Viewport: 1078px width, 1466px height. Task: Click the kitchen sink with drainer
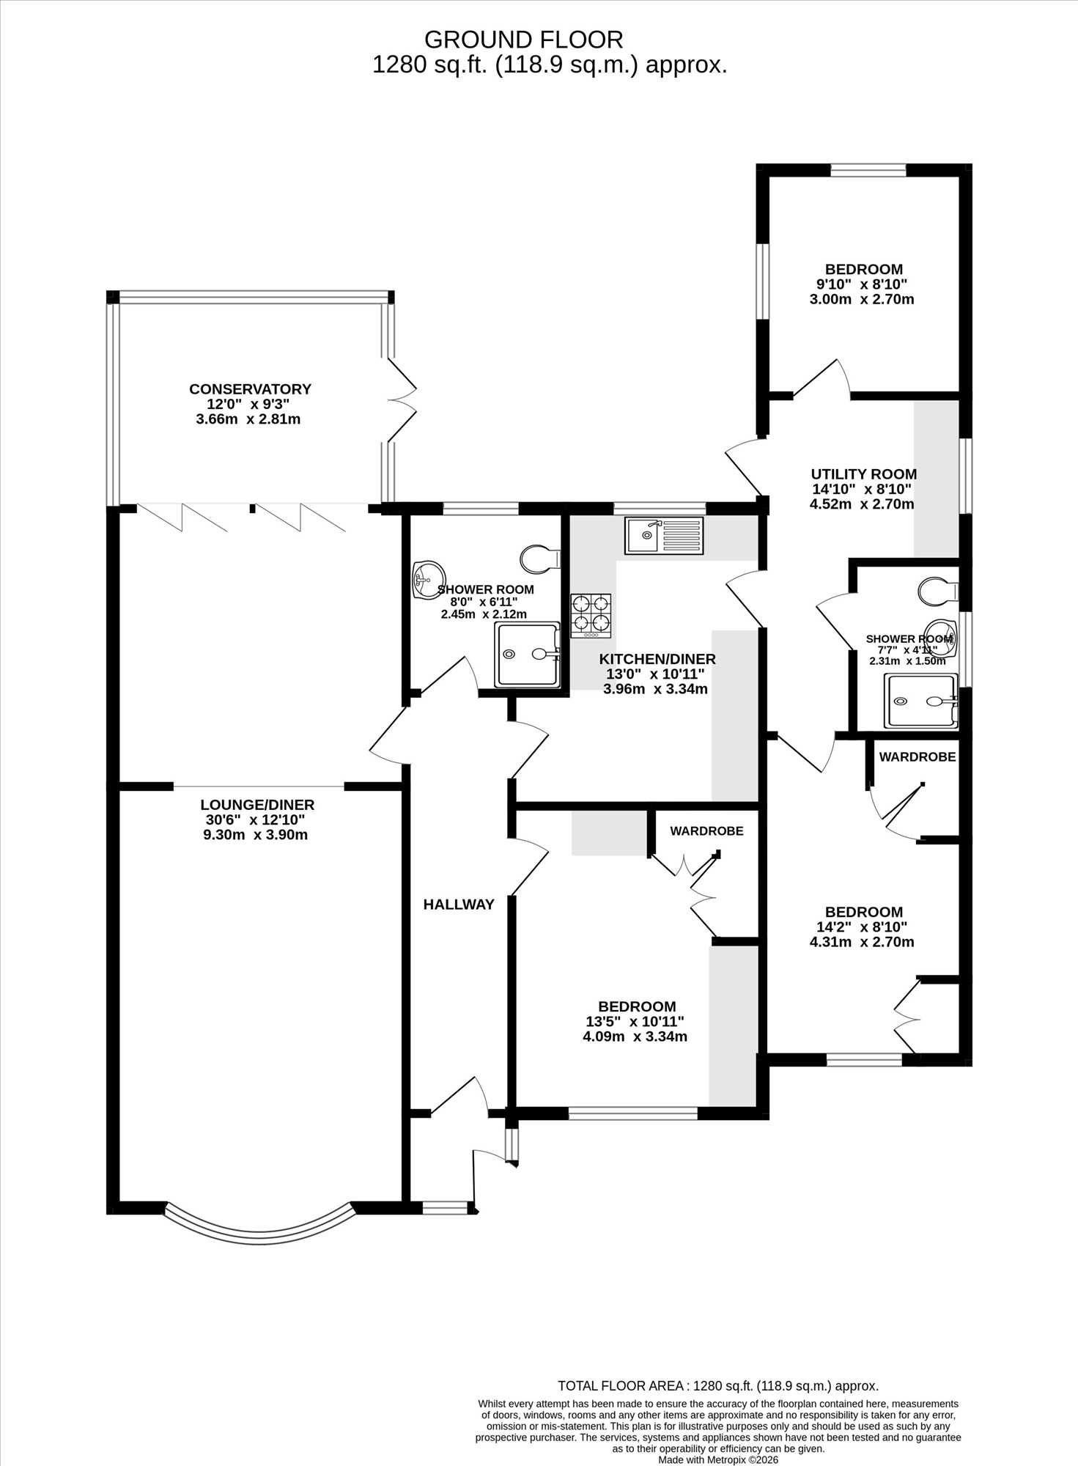coord(664,535)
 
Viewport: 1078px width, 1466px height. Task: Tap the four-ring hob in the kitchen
coord(591,615)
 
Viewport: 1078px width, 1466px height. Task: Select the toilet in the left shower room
coord(540,559)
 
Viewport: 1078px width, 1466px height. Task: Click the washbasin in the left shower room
coord(429,581)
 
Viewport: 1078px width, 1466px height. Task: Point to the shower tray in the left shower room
coord(527,655)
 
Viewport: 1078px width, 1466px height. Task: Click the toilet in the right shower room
coord(938,592)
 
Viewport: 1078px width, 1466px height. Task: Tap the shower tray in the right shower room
coord(921,701)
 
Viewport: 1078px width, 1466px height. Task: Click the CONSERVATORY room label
coord(250,389)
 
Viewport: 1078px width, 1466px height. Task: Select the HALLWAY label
coord(459,905)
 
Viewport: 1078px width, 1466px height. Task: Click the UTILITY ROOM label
coord(863,474)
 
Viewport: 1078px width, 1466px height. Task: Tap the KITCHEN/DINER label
coord(657,659)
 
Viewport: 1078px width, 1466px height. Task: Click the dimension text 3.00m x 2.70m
coord(862,299)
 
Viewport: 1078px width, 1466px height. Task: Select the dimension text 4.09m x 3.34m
coord(635,1036)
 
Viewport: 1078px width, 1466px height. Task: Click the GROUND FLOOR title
coord(524,39)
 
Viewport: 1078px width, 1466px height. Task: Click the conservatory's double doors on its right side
coord(402,400)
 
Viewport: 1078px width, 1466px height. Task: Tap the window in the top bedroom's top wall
coord(868,170)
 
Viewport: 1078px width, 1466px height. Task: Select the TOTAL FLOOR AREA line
coord(718,1386)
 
